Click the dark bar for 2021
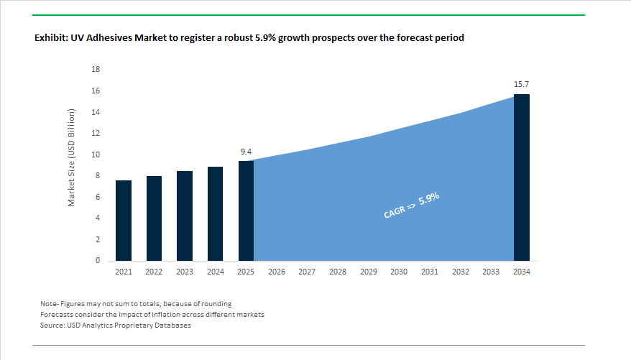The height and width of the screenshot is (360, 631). pyautogui.click(x=123, y=221)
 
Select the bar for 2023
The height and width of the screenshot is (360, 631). pyautogui.click(x=185, y=216)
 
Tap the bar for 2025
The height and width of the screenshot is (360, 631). pyautogui.click(x=246, y=211)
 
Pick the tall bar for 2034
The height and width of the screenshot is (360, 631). pyautogui.click(x=521, y=177)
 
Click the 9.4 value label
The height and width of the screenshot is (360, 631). pyautogui.click(x=246, y=152)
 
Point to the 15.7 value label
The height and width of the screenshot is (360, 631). pyautogui.click(x=522, y=85)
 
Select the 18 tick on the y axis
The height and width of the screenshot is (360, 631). pyautogui.click(x=96, y=70)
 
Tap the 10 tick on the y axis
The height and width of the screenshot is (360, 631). pyautogui.click(x=96, y=154)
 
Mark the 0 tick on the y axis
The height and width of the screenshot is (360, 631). pyautogui.click(x=98, y=261)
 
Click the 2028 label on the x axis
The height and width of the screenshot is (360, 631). pyautogui.click(x=338, y=272)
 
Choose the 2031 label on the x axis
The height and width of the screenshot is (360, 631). pyautogui.click(x=430, y=272)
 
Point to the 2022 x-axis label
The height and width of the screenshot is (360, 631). pyautogui.click(x=154, y=272)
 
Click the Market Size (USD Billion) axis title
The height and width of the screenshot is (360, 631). pyautogui.click(x=72, y=158)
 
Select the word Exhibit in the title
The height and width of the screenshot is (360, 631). pyautogui.click(x=51, y=37)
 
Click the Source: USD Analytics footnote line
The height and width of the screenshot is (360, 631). pyautogui.click(x=116, y=326)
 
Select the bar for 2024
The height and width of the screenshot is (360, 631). pyautogui.click(x=215, y=213)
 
